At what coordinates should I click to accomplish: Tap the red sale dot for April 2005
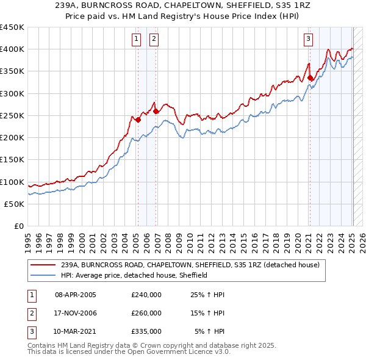coord(138,120)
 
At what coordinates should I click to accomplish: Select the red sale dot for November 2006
coord(156,111)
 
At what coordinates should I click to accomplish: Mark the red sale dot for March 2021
coord(310,77)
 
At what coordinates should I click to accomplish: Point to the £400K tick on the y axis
coord(12,49)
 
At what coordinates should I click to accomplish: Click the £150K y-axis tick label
coord(12,160)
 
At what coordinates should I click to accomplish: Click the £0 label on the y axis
coord(20,226)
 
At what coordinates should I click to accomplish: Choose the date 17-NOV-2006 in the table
coord(76,313)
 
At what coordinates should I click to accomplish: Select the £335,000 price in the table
coord(146,331)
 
